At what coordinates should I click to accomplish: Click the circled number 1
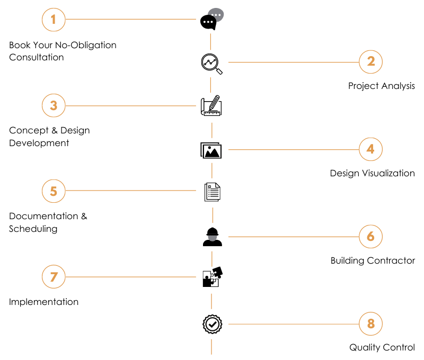(54, 20)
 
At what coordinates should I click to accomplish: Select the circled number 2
(370, 61)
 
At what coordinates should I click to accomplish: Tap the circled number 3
(54, 106)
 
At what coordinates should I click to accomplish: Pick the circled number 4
(370, 149)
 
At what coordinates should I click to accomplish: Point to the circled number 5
(54, 191)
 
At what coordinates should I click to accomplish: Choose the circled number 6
(370, 236)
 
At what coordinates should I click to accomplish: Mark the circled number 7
(54, 277)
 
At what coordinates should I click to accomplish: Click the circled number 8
(370, 323)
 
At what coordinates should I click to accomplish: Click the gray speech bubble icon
(216, 15)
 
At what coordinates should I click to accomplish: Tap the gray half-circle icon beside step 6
(213, 238)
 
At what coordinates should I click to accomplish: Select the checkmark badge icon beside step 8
(213, 324)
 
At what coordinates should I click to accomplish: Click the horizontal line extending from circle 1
(130, 19)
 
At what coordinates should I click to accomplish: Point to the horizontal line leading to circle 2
(294, 62)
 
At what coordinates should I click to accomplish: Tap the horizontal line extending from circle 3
(130, 106)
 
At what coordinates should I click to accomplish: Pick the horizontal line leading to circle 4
(294, 150)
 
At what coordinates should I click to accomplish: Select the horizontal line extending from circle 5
(130, 191)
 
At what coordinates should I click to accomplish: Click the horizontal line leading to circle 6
(294, 237)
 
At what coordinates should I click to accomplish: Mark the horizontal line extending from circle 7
(130, 277)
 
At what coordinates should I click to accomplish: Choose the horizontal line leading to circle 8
(294, 324)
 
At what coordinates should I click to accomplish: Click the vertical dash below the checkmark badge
(211, 347)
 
